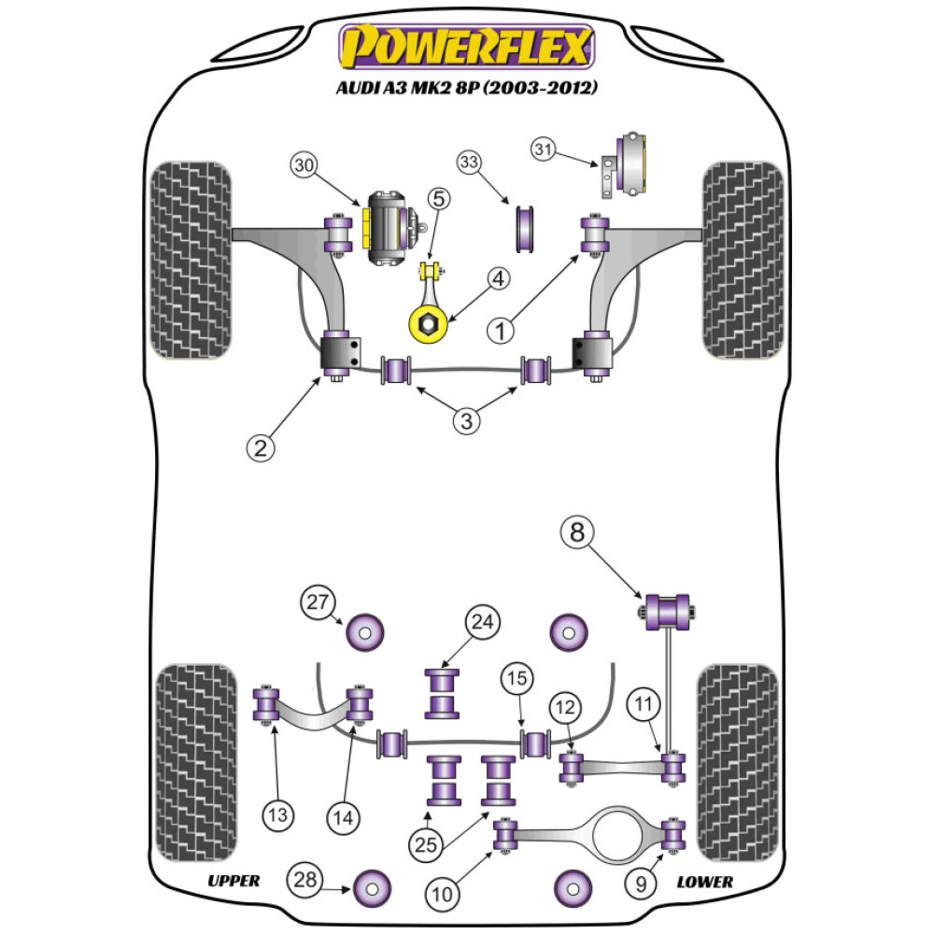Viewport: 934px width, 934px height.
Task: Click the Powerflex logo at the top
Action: tap(467, 47)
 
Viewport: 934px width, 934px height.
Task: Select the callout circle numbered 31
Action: tap(545, 149)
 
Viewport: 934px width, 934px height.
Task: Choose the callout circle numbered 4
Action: tap(497, 277)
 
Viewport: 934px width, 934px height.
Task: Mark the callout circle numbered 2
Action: tap(261, 447)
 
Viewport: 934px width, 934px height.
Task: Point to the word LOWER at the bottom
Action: tap(705, 881)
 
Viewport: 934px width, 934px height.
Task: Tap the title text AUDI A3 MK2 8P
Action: tap(467, 90)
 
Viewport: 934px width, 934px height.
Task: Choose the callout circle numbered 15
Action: tap(516, 678)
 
